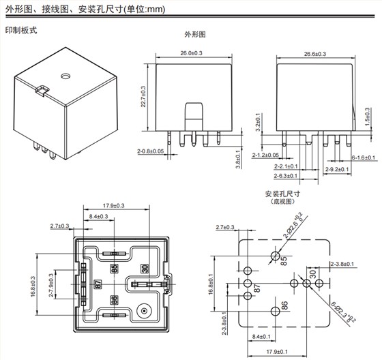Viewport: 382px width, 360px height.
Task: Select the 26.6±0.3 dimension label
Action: (315, 53)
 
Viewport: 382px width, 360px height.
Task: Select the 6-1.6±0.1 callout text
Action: (363, 157)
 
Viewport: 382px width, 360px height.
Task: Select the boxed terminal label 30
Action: (145, 269)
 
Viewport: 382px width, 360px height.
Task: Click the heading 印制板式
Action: (20, 31)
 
